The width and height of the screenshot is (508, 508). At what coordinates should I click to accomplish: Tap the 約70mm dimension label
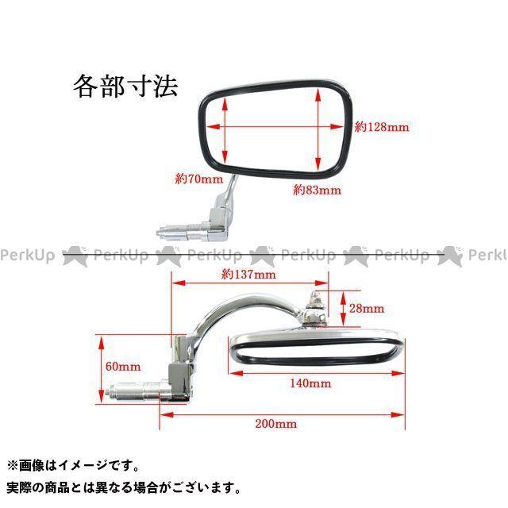[x=198, y=179]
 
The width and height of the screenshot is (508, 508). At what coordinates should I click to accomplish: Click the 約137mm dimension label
[x=248, y=275]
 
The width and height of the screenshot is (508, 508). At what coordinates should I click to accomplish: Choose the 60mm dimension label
[x=122, y=367]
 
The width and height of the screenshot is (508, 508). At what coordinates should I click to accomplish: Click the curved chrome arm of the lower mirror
[x=226, y=312]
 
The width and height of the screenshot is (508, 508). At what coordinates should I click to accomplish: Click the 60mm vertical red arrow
[x=101, y=365]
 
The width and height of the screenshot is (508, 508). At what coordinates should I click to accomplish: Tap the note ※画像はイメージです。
[x=73, y=466]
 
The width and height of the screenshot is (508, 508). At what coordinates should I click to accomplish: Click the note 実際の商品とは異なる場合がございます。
[x=123, y=487]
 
